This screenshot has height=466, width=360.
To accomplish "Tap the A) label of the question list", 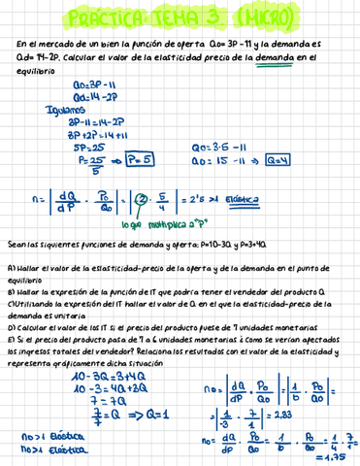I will click(x=11, y=266).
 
